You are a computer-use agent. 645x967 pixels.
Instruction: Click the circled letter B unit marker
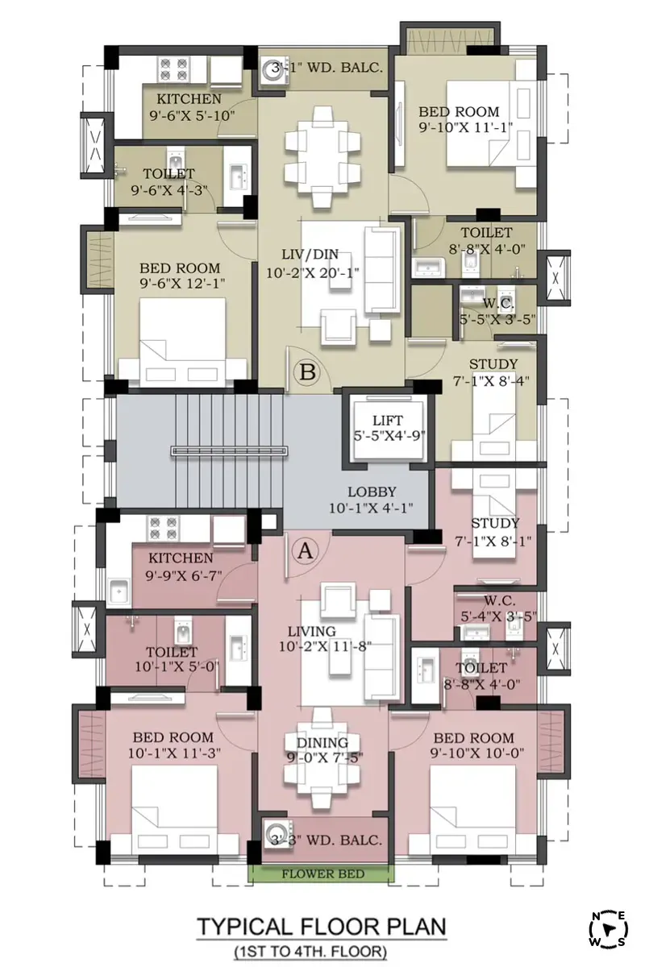click(307, 371)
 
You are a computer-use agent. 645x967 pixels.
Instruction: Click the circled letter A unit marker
click(306, 550)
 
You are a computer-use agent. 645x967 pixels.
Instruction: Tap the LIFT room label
click(388, 420)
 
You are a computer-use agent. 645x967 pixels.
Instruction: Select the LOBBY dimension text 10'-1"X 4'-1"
click(371, 508)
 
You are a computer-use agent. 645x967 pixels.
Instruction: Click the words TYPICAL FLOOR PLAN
click(322, 926)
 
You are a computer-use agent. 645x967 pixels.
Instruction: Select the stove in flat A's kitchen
click(164, 528)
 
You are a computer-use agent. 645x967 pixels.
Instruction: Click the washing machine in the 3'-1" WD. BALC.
click(273, 73)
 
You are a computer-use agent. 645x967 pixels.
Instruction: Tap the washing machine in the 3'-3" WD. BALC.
click(274, 835)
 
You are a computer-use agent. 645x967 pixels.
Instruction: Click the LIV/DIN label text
click(310, 255)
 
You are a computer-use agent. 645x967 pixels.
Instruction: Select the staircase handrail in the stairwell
click(229, 450)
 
